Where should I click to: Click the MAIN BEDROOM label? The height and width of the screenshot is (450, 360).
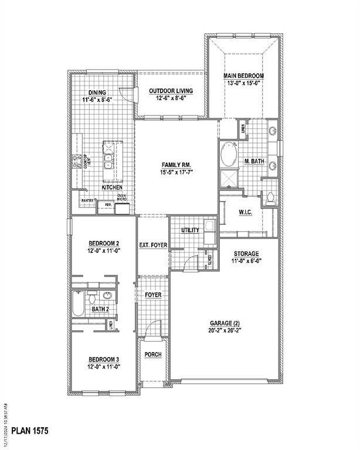tap(243, 76)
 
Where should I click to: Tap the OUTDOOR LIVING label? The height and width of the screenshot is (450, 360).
tap(168, 91)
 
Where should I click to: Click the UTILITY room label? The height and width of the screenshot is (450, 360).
tap(190, 230)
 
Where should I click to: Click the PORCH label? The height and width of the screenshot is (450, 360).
tap(154, 355)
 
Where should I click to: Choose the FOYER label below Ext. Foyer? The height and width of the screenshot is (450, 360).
tap(153, 295)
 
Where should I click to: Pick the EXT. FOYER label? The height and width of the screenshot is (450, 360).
tap(153, 245)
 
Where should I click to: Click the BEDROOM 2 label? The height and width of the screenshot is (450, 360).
tap(104, 243)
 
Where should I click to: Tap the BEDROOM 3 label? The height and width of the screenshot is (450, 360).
tap(104, 359)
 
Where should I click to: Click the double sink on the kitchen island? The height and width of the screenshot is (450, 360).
tap(109, 157)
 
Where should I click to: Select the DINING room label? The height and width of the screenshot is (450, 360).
tap(97, 92)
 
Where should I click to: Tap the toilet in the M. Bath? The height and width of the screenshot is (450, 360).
tap(270, 197)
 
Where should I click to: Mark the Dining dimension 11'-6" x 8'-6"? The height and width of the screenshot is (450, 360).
tap(97, 100)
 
